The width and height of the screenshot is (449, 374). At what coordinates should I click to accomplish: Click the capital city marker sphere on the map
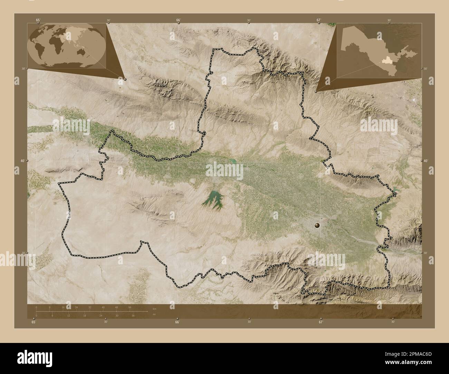pos(317,225)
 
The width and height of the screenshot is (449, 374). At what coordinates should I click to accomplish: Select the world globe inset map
pos(66,46)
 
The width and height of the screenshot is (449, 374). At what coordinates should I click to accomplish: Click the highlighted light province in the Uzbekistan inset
pos(385,61)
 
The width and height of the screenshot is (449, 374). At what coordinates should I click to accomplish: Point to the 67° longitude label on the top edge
pos(319,20)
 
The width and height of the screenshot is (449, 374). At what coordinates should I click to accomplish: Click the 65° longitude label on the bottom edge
pos(33,322)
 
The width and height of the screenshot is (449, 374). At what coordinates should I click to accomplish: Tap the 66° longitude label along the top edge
pos(178,20)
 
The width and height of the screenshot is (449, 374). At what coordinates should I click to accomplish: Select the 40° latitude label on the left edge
pos(22,161)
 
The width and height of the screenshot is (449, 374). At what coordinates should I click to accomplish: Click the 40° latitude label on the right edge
pos(427,161)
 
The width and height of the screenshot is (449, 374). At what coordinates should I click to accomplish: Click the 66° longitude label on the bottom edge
pos(177,322)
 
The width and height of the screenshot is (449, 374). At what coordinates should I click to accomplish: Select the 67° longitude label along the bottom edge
pos(321,322)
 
